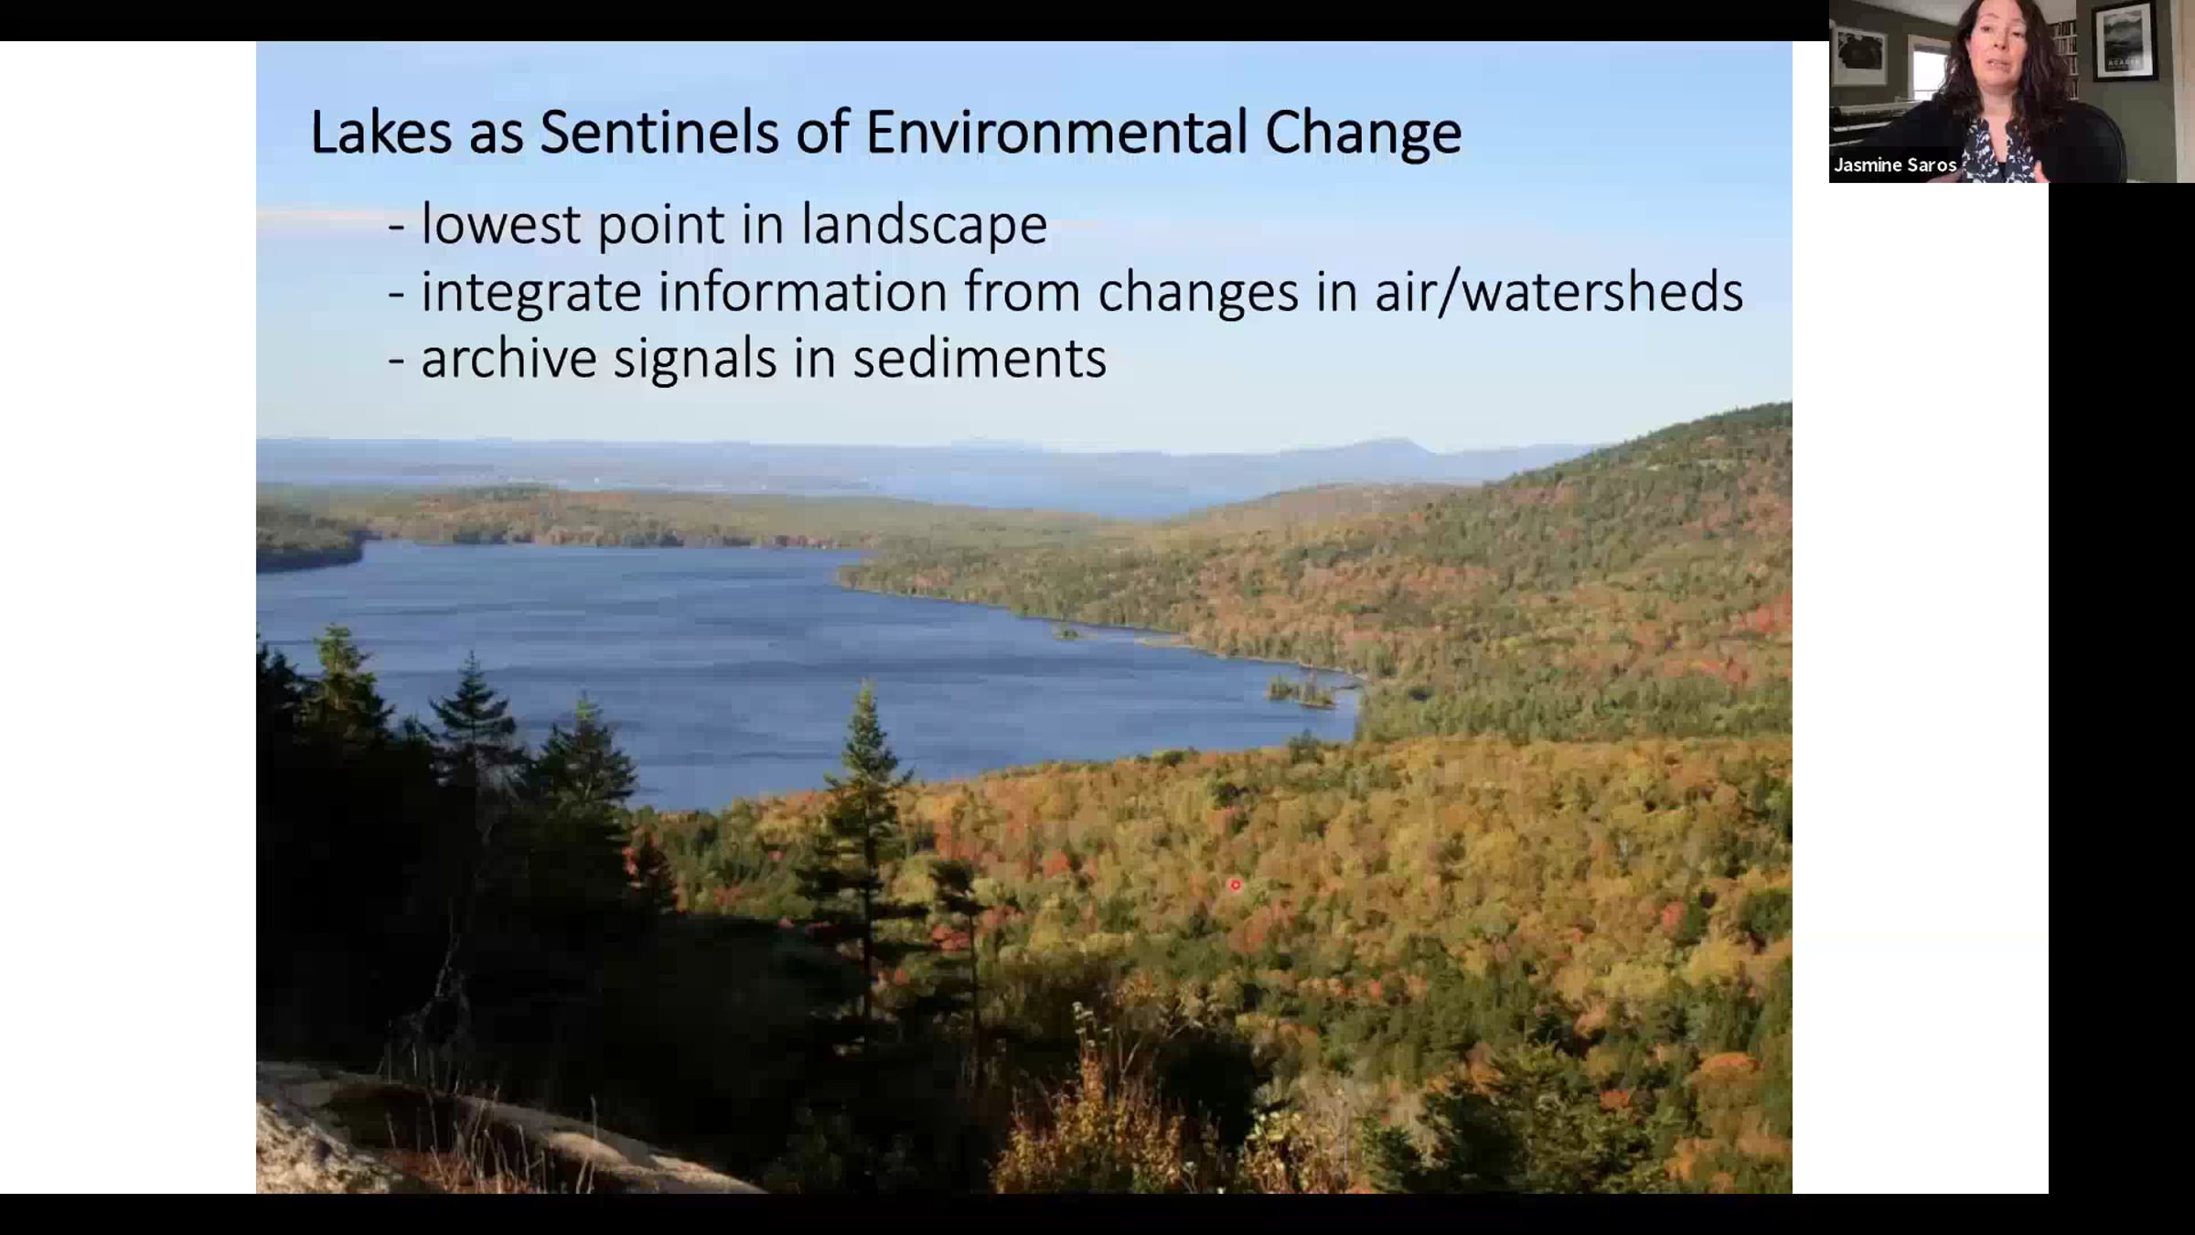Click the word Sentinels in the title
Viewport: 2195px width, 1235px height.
coord(658,132)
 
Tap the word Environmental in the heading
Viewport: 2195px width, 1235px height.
coord(1056,132)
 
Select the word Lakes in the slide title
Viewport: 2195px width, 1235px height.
coord(381,132)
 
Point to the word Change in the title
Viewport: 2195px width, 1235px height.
coord(1364,134)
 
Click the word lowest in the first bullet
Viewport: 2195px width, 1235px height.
coord(500,224)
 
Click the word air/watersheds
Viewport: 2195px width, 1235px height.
coord(1559,292)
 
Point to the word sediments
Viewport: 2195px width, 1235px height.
coord(980,358)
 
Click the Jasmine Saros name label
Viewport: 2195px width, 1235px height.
coord(1894,166)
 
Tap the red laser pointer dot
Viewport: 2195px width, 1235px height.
coord(1236,885)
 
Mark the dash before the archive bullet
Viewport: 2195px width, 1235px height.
coord(396,360)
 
